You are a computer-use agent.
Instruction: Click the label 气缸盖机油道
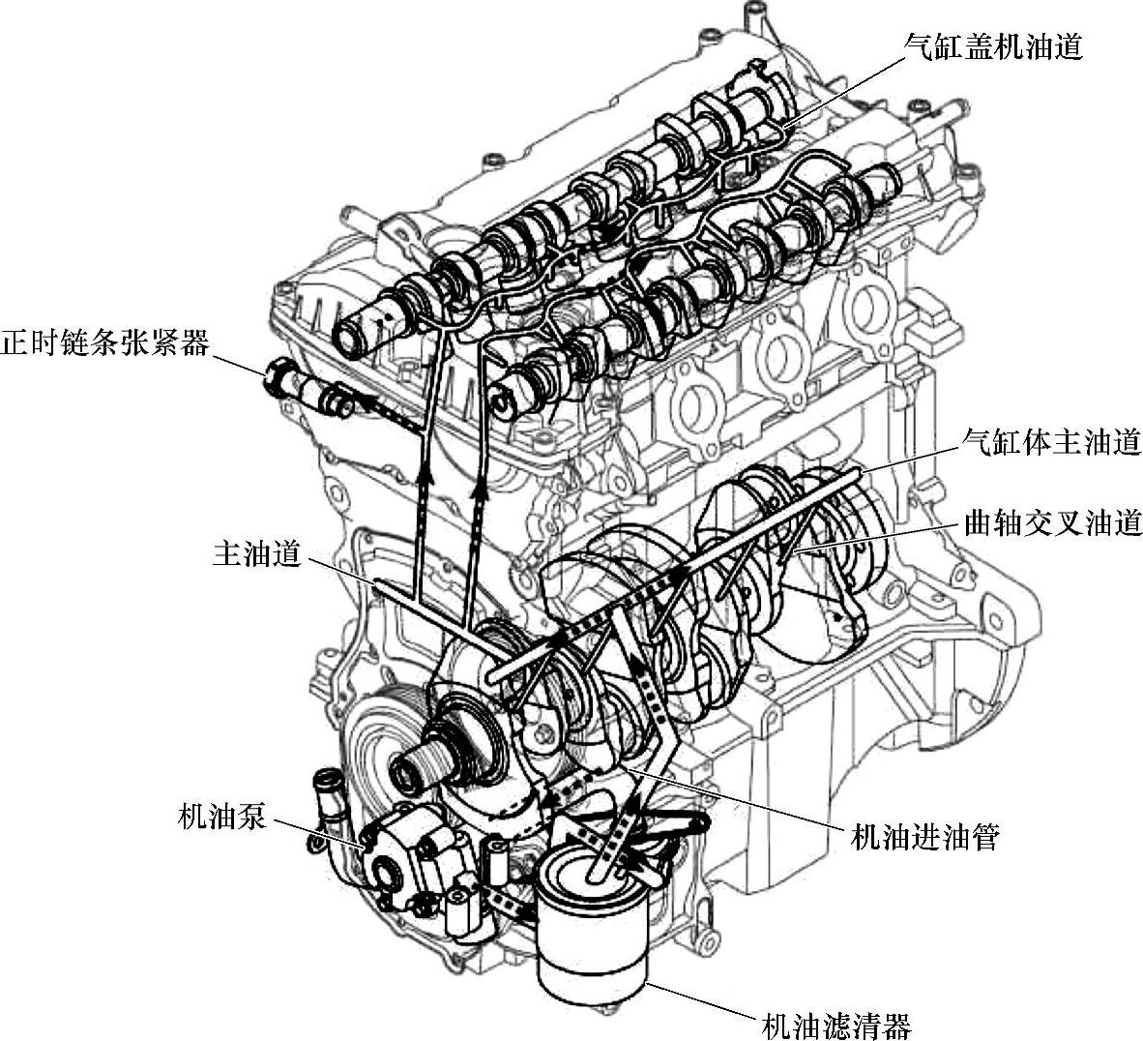[x=993, y=46]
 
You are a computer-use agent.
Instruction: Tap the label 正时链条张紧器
[x=105, y=342]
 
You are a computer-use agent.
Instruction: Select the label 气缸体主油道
[x=1051, y=442]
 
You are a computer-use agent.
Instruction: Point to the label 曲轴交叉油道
[x=1051, y=522]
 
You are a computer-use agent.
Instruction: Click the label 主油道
[x=256, y=554]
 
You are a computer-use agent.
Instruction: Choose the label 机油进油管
[x=924, y=838]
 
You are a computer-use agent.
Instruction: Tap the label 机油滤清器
[x=835, y=1026]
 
